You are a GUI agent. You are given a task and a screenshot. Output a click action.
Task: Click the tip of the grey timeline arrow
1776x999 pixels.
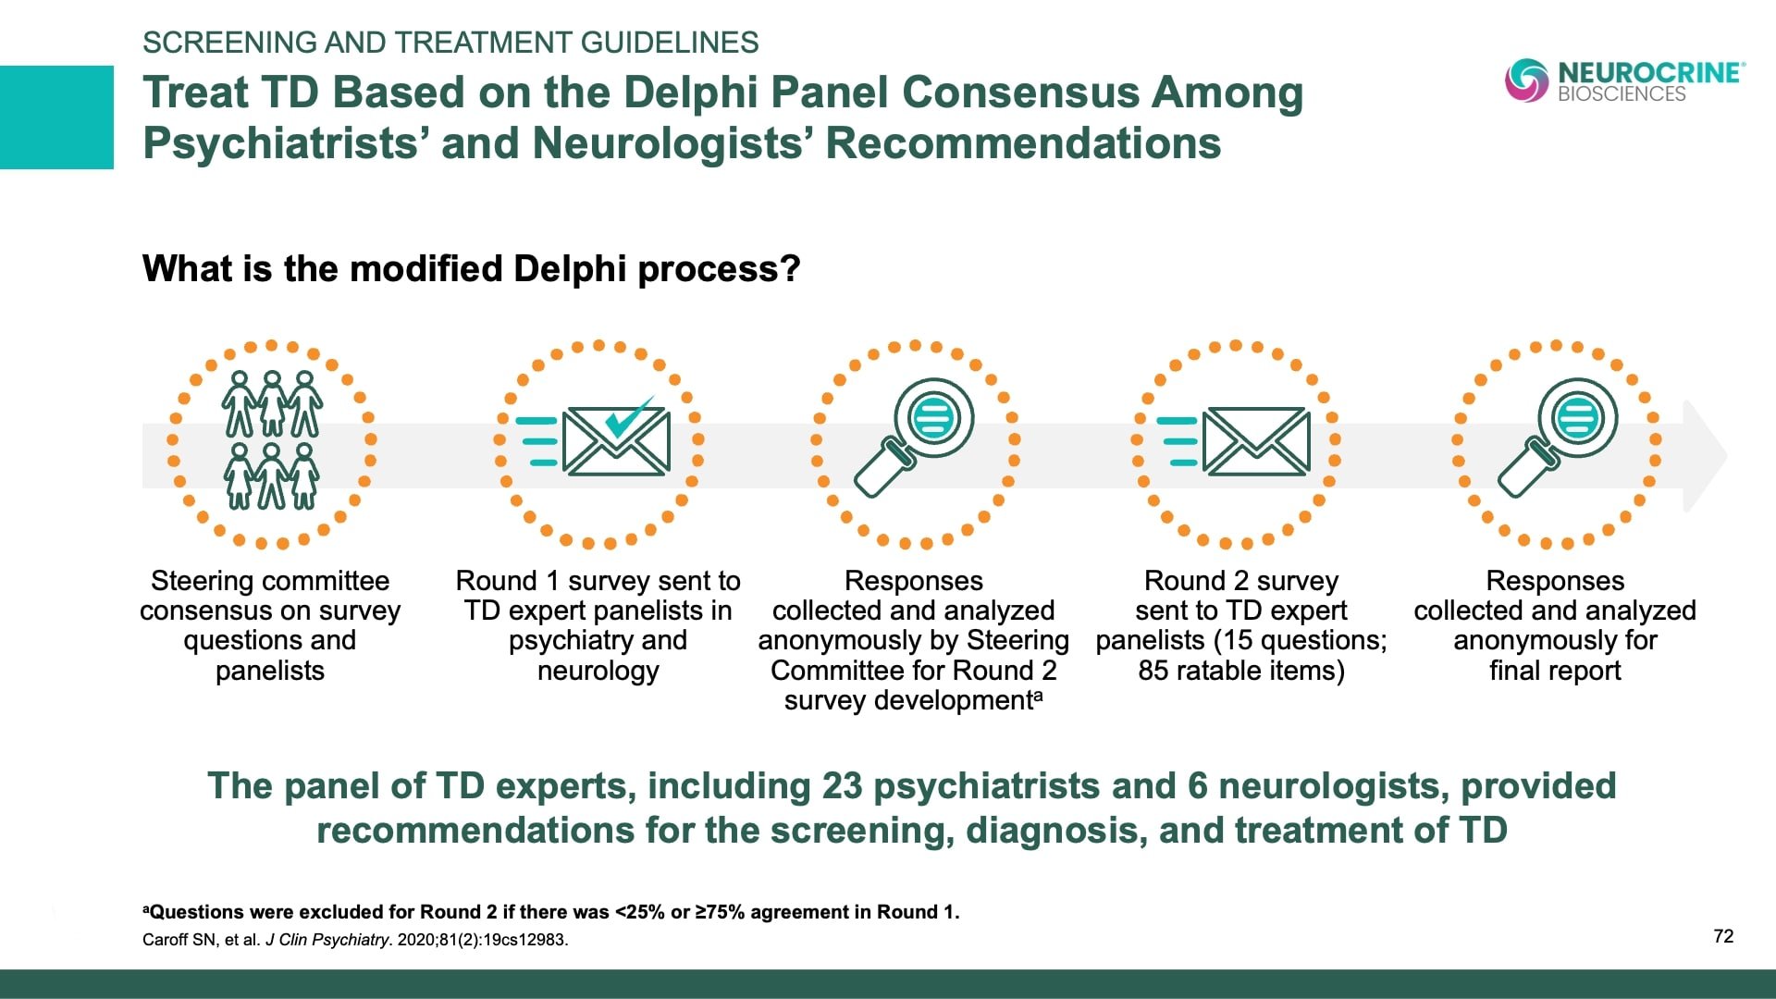click(x=1726, y=455)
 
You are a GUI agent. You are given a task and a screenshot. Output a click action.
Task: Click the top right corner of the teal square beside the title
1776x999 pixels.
click(x=114, y=66)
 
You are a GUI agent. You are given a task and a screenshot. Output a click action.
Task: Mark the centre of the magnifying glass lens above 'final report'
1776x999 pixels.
click(x=1577, y=417)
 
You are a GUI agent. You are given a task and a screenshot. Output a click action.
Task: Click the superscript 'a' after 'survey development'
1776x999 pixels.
click(x=1039, y=694)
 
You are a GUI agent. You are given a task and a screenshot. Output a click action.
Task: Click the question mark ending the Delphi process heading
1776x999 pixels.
click(x=790, y=269)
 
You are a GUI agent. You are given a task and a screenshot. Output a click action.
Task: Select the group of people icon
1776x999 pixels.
click(x=271, y=440)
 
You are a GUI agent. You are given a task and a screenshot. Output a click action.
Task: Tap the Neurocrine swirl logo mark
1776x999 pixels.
click(x=1526, y=80)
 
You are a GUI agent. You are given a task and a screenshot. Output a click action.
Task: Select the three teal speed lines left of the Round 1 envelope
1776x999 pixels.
click(x=536, y=441)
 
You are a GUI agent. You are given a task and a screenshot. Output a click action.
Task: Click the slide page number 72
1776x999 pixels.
click(x=1723, y=936)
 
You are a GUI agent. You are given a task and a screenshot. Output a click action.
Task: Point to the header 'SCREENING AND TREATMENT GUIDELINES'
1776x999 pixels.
click(x=450, y=43)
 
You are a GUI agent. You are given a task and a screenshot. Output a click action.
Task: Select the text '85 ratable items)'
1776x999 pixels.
click(x=1241, y=670)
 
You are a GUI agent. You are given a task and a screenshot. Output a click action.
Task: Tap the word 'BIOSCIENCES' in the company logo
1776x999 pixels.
click(x=1622, y=93)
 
